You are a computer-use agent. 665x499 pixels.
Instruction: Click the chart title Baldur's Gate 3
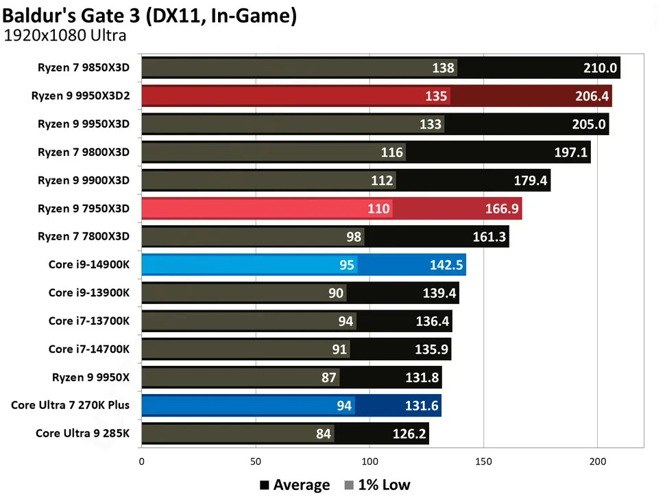point(149,15)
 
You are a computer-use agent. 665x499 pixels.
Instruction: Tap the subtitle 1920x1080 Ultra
point(65,36)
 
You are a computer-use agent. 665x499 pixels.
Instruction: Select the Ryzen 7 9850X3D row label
point(84,68)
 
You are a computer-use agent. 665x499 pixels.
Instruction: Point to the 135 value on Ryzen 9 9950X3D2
point(436,96)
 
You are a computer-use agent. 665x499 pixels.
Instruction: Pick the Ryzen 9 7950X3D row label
point(84,208)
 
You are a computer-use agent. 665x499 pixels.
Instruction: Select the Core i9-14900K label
point(88,264)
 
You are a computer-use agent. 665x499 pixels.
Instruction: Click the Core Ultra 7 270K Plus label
point(70,404)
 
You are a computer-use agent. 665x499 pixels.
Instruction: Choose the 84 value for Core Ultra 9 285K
point(324,433)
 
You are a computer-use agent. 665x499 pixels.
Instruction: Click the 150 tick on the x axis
point(483,462)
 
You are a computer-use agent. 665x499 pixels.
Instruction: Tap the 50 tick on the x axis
point(255,462)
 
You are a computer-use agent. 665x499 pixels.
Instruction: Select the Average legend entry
point(295,485)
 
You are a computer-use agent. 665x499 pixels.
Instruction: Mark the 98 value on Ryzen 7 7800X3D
point(354,236)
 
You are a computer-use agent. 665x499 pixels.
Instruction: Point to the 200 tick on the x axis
point(597,462)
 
